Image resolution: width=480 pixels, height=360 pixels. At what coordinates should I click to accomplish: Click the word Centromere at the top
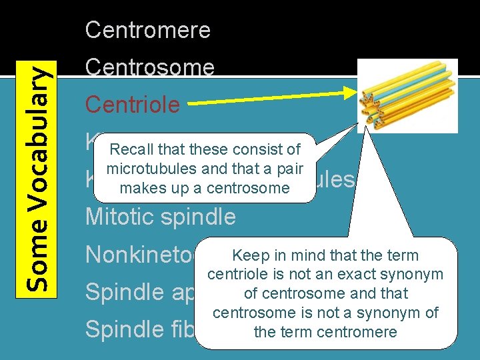click(147, 30)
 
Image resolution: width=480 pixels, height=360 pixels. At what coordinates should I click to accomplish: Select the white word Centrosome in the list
click(149, 67)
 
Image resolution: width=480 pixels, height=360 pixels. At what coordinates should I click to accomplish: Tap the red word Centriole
click(132, 105)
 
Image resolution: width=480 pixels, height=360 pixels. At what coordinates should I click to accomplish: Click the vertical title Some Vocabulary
click(41, 180)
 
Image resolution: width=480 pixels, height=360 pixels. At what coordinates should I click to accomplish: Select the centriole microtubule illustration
click(407, 95)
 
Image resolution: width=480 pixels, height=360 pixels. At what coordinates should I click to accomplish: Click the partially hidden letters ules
click(337, 179)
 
